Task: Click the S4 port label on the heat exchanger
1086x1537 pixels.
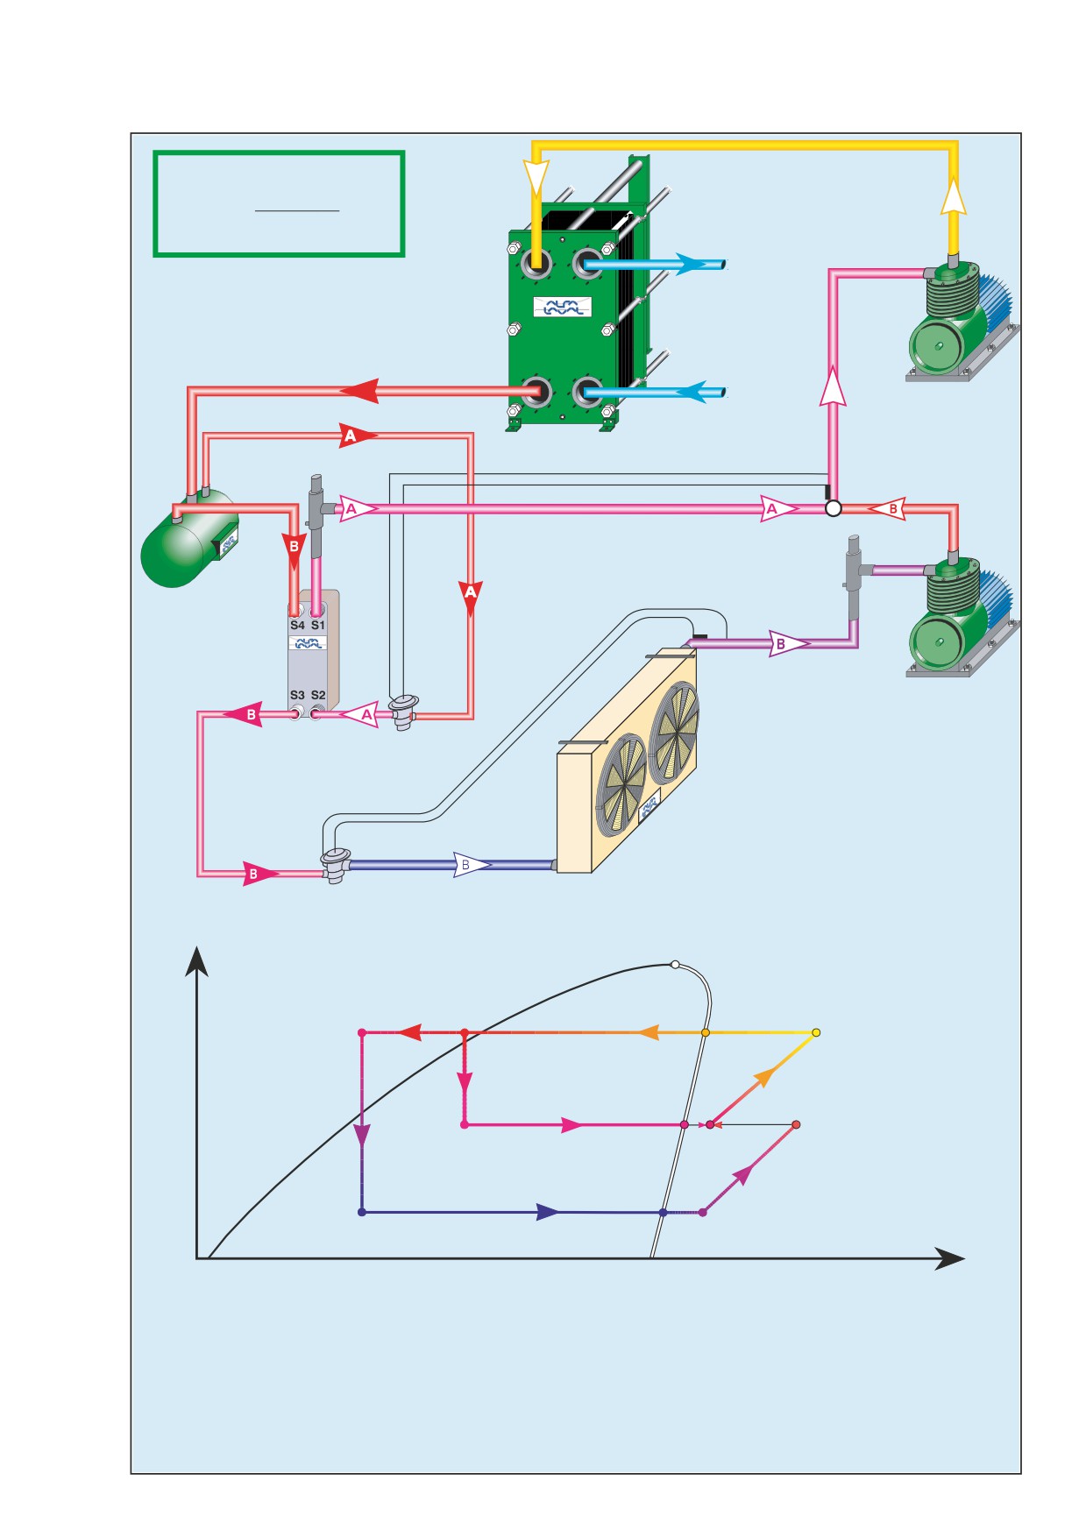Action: pos(297,625)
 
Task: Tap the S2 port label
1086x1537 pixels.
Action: pos(318,695)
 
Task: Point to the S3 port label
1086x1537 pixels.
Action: pos(297,695)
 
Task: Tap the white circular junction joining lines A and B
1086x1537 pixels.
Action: pos(834,508)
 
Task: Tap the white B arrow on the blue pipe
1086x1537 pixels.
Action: pos(472,865)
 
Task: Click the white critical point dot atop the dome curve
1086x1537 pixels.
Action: pos(675,965)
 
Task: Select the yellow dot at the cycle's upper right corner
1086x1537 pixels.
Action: pos(816,1033)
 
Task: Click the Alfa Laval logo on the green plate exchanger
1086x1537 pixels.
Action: pos(563,308)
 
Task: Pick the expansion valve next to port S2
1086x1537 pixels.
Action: pos(403,711)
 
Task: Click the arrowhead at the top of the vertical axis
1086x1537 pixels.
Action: pos(197,960)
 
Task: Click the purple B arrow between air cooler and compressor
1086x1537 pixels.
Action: pos(789,643)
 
